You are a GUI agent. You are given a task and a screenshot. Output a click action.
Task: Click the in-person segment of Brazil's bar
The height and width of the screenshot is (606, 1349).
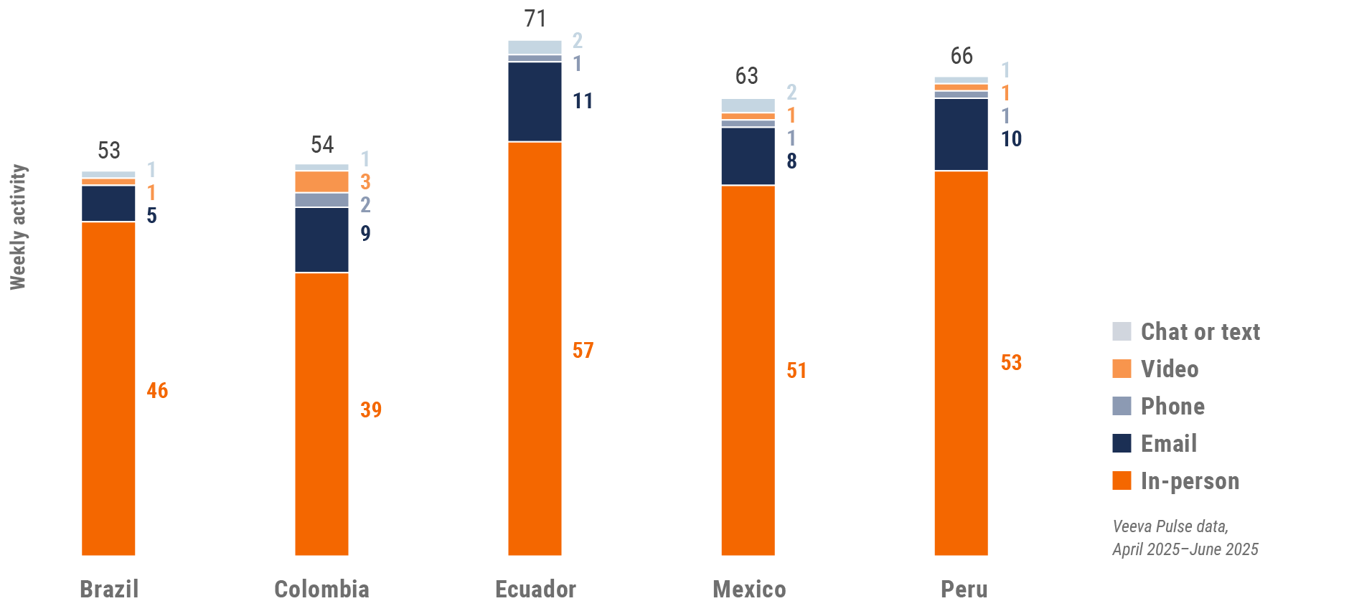tap(108, 388)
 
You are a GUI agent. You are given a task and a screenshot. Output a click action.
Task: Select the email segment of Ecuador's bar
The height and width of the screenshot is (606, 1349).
tap(535, 102)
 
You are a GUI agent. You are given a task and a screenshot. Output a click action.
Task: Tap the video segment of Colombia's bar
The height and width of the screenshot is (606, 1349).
tap(321, 181)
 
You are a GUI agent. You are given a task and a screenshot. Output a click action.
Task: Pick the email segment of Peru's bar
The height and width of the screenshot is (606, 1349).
tap(961, 134)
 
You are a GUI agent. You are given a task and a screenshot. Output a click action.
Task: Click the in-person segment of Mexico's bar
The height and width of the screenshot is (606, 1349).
tap(748, 370)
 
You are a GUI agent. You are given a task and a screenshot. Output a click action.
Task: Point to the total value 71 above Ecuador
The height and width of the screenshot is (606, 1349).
tap(535, 19)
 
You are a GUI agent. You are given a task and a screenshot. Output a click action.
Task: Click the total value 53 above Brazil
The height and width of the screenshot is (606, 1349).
tap(109, 151)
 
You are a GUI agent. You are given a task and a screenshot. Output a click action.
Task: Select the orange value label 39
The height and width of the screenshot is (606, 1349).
tap(371, 410)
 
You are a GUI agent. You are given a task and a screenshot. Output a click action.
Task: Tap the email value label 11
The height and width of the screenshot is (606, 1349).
tap(583, 101)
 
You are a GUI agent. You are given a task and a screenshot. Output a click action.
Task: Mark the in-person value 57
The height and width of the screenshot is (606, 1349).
tap(583, 351)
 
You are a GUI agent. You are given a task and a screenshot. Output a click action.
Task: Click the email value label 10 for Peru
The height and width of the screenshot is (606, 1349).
tap(1011, 139)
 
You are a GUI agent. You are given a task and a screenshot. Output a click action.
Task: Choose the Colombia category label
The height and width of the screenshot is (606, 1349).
tap(321, 590)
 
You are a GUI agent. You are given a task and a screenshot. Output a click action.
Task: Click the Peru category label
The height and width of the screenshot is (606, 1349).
tap(964, 590)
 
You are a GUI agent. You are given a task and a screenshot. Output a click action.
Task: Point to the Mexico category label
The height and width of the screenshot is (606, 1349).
tap(749, 590)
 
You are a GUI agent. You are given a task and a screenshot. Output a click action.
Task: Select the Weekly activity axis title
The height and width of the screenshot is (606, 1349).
tap(18, 227)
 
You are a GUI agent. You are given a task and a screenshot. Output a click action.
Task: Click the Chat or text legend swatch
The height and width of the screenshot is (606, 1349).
tap(1122, 331)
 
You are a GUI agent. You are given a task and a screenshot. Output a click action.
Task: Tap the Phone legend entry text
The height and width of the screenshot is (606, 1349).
tap(1172, 407)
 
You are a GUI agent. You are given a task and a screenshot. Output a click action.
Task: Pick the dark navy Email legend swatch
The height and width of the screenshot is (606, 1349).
tap(1122, 443)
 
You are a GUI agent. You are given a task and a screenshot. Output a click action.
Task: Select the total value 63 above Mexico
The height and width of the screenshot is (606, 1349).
tap(746, 76)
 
